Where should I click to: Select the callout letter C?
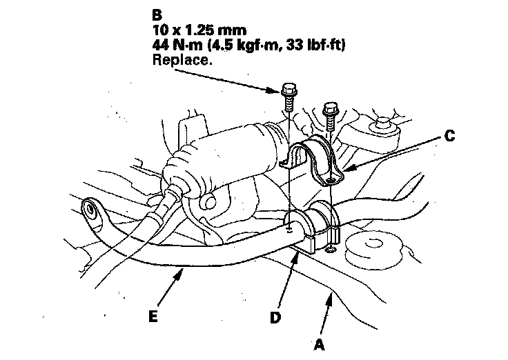[449, 137]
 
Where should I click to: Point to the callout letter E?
[153, 316]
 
